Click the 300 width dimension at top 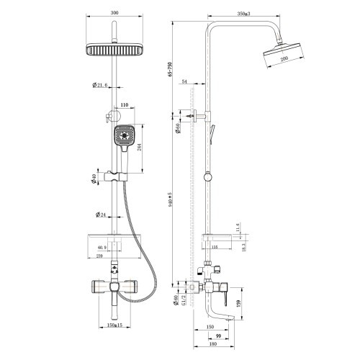click(x=114, y=12)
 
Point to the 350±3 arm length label click(x=233, y=13)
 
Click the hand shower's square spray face click(x=123, y=135)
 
